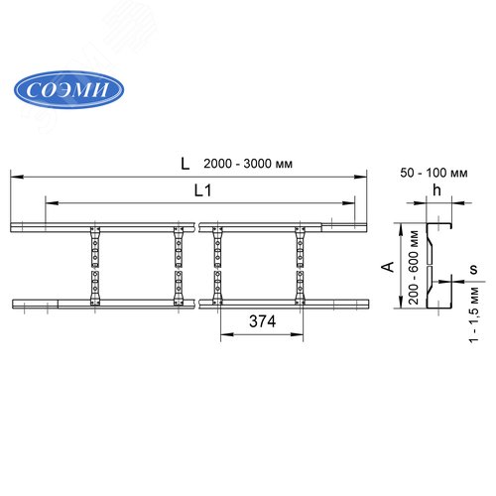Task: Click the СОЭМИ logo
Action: pyautogui.click(x=68, y=88)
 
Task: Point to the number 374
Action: pyautogui.click(x=261, y=323)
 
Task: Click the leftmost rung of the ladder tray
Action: pyautogui.click(x=95, y=266)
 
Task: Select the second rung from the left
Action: pyautogui.click(x=180, y=266)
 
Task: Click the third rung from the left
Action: pyautogui.click(x=217, y=266)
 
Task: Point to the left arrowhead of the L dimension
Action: pyautogui.click(x=14, y=176)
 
